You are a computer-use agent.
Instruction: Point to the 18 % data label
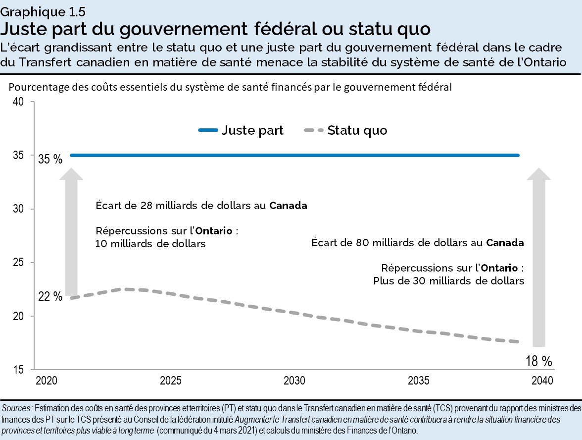[539, 361]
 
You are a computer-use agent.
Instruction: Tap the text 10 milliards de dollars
[150, 244]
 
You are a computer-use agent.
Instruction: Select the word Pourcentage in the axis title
[35, 87]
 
